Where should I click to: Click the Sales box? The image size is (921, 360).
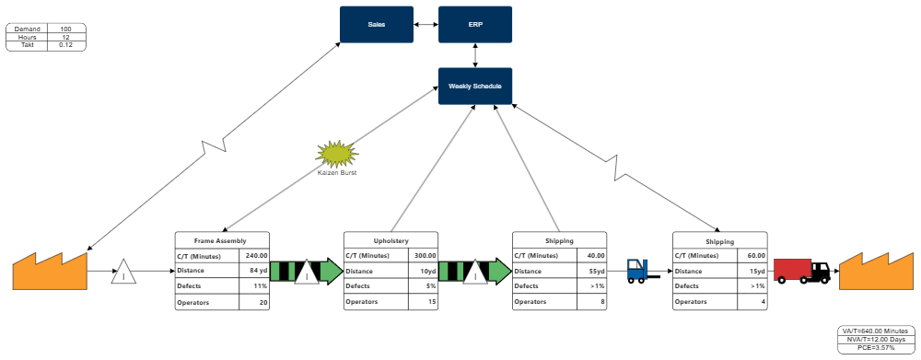(x=377, y=24)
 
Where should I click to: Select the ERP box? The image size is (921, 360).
(x=475, y=24)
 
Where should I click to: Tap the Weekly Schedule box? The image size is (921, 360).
(x=475, y=86)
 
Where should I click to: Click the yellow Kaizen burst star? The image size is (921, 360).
(x=336, y=153)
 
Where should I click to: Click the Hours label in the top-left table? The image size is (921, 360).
(x=27, y=37)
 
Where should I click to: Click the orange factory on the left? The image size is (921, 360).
(x=50, y=272)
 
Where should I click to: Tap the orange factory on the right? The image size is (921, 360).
(x=876, y=272)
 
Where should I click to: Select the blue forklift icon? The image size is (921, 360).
(x=636, y=270)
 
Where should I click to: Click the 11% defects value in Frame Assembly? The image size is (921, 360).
(x=255, y=286)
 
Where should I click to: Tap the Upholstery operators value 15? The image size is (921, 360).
(x=424, y=302)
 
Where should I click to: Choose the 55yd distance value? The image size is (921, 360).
(x=592, y=271)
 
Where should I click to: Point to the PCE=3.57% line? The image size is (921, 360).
(x=876, y=348)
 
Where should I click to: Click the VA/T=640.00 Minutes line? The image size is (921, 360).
(x=876, y=331)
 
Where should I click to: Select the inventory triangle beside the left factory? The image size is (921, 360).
(x=123, y=273)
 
